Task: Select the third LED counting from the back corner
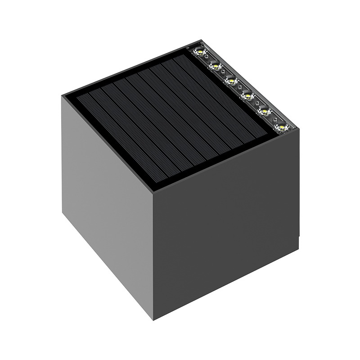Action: click(232, 80)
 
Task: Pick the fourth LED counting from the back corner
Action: click(248, 95)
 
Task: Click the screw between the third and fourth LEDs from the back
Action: click(239, 87)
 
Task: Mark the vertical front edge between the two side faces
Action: click(154, 256)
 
